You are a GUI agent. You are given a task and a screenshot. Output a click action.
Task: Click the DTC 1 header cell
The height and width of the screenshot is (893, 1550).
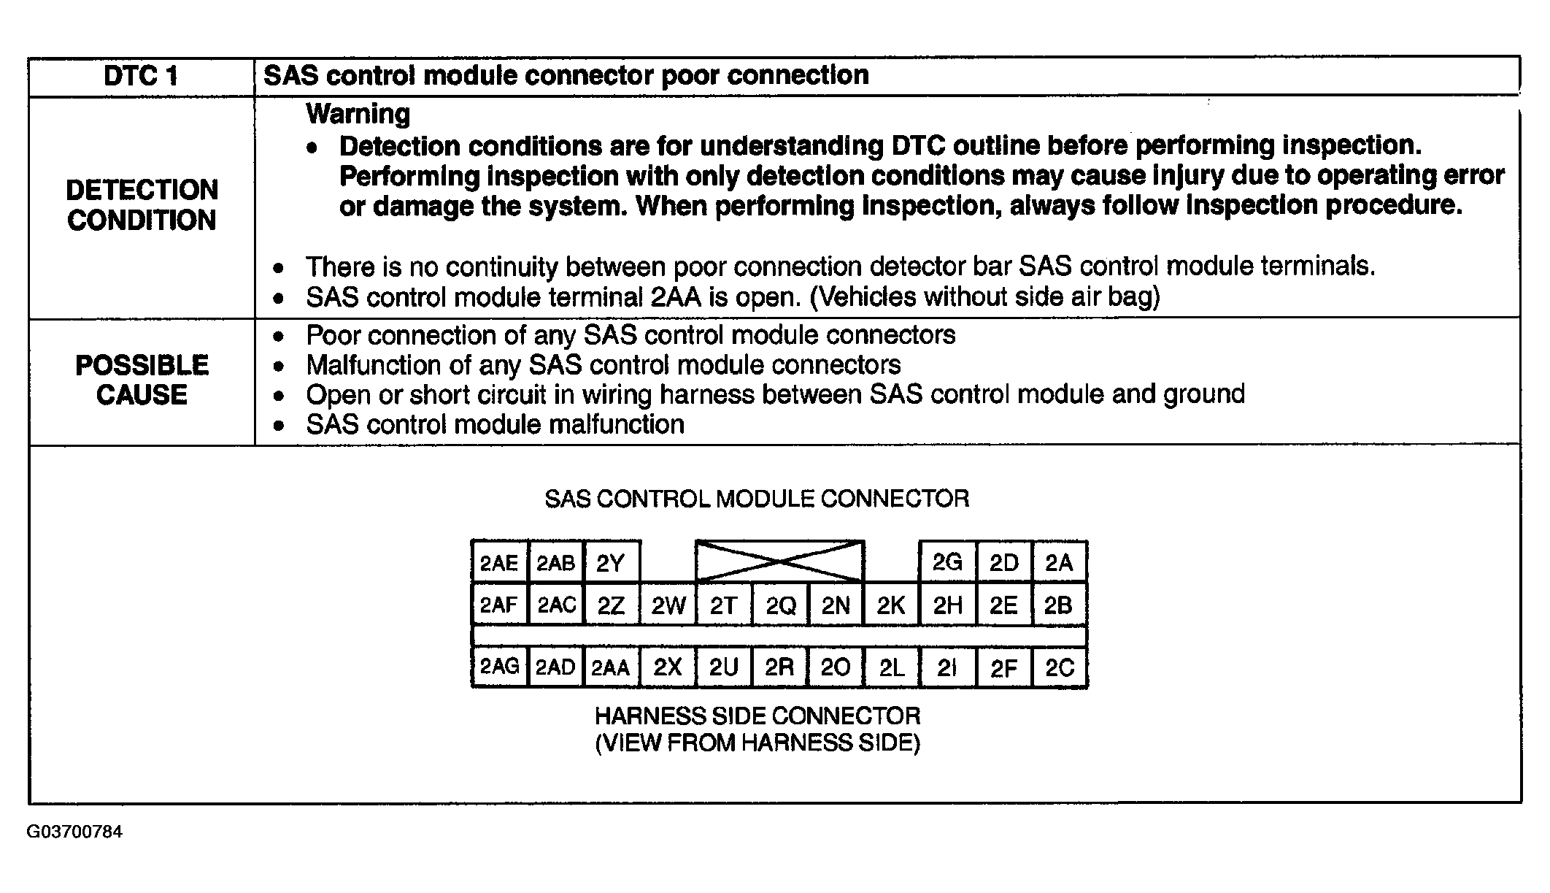click(x=141, y=76)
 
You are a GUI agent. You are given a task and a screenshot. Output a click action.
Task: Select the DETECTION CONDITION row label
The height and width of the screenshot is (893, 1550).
click(x=142, y=205)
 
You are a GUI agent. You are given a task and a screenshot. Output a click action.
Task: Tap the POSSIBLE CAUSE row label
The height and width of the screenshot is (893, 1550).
click(x=142, y=380)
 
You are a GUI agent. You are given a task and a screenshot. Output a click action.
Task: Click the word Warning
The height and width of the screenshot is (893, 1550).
click(x=358, y=114)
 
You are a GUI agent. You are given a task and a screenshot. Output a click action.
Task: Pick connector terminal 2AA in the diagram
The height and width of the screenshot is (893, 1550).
click(x=610, y=667)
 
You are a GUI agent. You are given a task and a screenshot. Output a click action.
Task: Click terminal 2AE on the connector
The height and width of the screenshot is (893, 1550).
click(x=499, y=563)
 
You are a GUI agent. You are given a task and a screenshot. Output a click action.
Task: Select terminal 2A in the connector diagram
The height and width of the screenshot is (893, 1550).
click(x=1059, y=563)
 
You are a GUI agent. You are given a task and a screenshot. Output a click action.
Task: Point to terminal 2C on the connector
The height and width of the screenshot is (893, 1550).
click(x=1060, y=667)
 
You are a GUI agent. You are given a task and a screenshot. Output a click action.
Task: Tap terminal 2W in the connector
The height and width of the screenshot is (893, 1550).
click(x=668, y=605)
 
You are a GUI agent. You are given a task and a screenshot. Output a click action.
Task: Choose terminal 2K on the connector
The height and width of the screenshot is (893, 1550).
click(x=891, y=605)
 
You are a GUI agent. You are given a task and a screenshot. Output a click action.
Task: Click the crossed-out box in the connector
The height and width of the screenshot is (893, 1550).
click(x=780, y=562)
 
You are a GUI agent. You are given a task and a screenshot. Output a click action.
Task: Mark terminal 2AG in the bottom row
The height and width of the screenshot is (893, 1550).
click(x=499, y=667)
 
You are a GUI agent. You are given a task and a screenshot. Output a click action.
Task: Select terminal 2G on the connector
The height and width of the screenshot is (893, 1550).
click(x=947, y=562)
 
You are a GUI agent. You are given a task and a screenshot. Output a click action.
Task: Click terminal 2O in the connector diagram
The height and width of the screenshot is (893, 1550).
click(x=836, y=667)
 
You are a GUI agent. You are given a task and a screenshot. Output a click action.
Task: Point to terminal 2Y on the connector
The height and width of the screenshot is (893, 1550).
click(x=611, y=563)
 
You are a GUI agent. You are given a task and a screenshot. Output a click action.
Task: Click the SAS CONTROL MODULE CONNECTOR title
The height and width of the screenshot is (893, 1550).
click(x=757, y=499)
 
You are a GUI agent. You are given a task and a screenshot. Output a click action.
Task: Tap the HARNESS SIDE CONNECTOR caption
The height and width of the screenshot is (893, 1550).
click(x=757, y=716)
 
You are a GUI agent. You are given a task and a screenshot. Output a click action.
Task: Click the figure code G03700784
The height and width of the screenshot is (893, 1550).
click(x=74, y=832)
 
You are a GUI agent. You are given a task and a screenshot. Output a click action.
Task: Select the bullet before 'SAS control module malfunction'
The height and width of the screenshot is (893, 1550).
click(x=278, y=426)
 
